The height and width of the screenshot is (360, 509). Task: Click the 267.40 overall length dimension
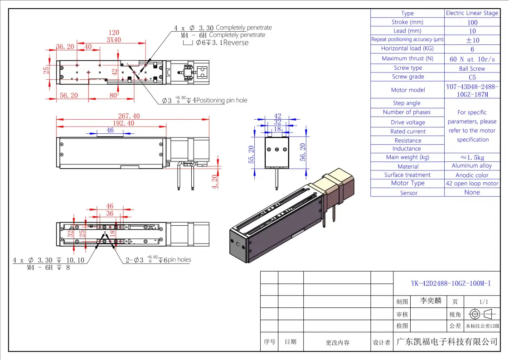tap(129, 116)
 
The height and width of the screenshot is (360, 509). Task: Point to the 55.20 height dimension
tap(251, 155)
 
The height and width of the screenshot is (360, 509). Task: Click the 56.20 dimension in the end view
tap(303, 152)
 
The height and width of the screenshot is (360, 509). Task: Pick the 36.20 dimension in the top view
tap(65, 47)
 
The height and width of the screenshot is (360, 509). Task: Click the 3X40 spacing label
tap(114, 39)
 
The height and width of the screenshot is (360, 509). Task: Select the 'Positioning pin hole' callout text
tap(222, 100)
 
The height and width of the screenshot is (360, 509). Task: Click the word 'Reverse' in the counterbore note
tap(236, 43)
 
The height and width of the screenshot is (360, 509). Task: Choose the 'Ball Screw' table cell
tap(472, 68)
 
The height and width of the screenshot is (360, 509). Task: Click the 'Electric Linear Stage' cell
tap(472, 13)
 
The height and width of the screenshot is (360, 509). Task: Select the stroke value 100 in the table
tap(472, 22)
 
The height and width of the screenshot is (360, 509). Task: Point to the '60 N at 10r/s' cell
tap(472, 59)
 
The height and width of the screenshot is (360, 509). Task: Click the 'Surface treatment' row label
tap(407, 175)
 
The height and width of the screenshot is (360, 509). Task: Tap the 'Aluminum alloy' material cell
tap(472, 166)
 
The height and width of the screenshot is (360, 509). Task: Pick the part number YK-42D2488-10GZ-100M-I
tap(451, 284)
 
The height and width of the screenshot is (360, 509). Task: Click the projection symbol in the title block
tap(482, 314)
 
